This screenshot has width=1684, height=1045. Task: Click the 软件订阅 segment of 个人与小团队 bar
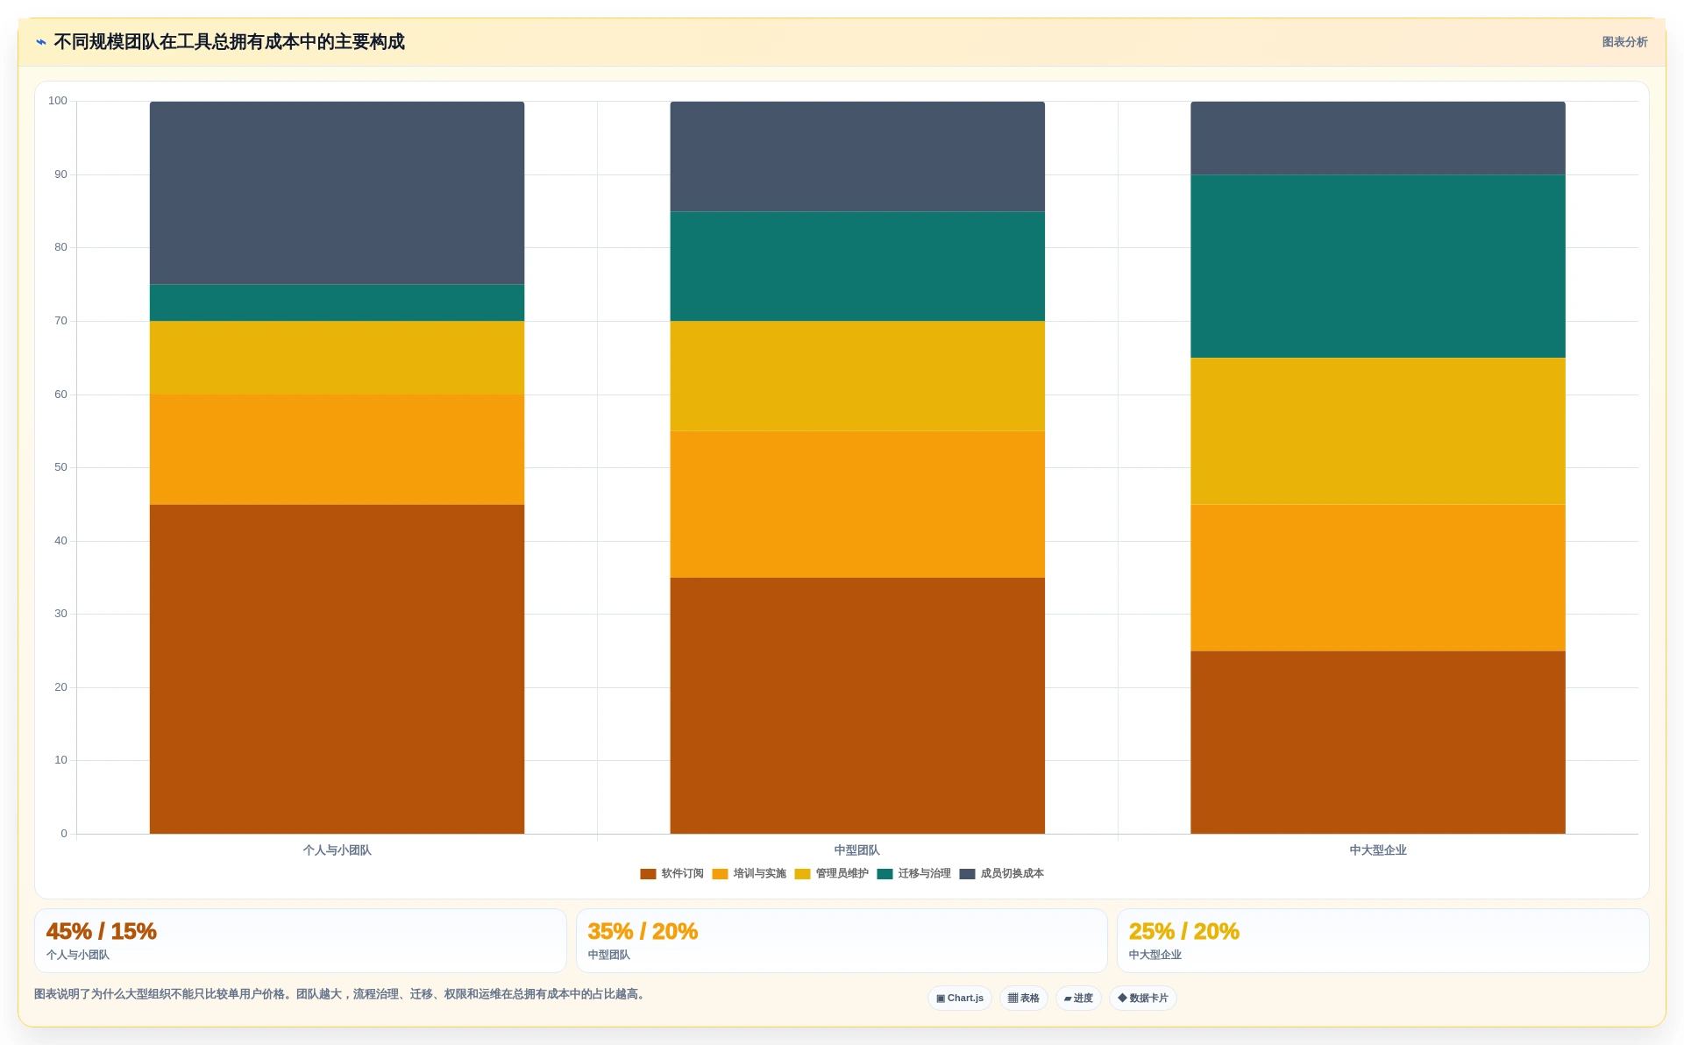tap(337, 669)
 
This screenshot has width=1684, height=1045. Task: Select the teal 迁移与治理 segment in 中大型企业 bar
tap(1377, 267)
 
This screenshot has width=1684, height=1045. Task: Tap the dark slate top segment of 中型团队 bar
tap(857, 157)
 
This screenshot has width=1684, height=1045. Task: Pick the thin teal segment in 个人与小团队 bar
tap(337, 302)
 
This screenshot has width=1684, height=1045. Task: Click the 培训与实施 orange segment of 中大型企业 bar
tap(1377, 578)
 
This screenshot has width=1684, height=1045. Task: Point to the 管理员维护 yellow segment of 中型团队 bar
tap(857, 376)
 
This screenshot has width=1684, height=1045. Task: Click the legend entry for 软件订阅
tap(671, 874)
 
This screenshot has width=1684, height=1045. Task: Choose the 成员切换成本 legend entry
tap(1001, 874)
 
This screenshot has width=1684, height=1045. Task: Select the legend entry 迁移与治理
tap(913, 874)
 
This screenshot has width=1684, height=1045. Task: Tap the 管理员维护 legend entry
tap(831, 874)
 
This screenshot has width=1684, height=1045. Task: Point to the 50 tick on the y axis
tap(60, 467)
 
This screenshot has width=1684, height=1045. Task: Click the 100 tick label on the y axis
tap(58, 101)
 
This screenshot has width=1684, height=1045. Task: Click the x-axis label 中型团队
tap(856, 850)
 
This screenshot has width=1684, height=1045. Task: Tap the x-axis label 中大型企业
tap(1377, 850)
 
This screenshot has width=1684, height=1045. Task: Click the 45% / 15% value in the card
tap(101, 931)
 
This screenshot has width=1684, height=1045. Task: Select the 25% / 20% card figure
tap(1183, 931)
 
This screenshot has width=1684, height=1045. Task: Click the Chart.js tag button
tap(960, 999)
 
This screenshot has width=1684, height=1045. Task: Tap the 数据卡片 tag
tap(1143, 999)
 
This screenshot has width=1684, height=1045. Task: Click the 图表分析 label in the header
tap(1624, 42)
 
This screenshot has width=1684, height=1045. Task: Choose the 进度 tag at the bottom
tap(1078, 999)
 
